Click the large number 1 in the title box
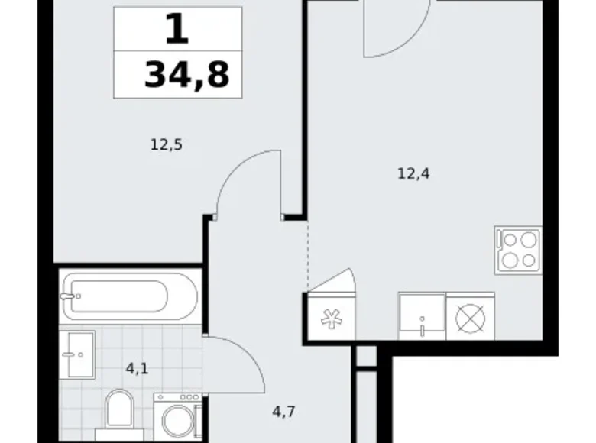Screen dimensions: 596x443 tap(177, 29)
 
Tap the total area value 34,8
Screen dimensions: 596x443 tap(187, 75)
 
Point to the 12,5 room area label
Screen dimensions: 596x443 tap(167, 145)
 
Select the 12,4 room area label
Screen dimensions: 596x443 tap(413, 174)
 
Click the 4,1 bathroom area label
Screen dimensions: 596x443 tap(137, 369)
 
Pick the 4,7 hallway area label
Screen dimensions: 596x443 tap(284, 412)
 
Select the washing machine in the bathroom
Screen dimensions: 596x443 tap(178, 417)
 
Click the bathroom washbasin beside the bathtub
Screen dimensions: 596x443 tap(77, 355)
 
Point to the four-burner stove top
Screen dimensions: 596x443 tap(518, 250)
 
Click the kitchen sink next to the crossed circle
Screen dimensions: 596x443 tap(422, 316)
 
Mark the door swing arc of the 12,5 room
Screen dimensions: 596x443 tap(235, 170)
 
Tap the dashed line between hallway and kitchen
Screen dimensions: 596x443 tap(307, 255)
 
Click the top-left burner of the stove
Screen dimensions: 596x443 tap(510, 240)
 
